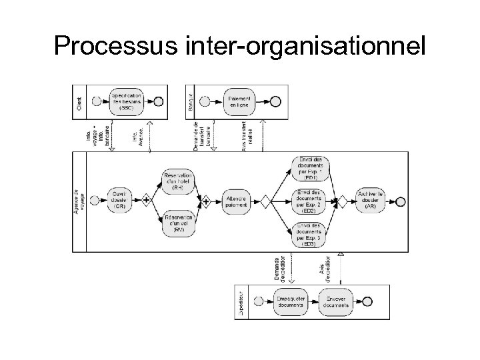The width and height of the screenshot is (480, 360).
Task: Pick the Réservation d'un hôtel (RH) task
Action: coord(177,181)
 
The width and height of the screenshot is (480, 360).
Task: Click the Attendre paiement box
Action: coord(236,200)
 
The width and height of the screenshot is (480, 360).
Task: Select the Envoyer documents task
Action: coord(337,302)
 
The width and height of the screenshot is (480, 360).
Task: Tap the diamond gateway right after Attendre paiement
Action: coord(265,200)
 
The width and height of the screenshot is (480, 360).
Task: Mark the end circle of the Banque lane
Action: coord(275,101)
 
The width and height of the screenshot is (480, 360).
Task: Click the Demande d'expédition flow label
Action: coord(279,269)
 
